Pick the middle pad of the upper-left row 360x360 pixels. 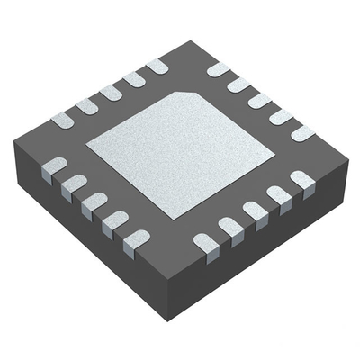coord(111,92)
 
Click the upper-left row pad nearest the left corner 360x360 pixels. coord(63,119)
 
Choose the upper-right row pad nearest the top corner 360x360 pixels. coord(219,69)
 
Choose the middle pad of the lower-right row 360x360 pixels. coord(256,214)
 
